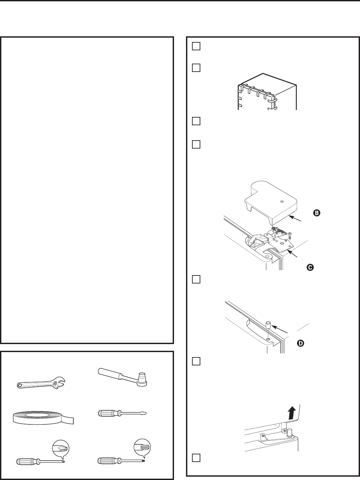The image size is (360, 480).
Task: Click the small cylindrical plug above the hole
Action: point(268,324)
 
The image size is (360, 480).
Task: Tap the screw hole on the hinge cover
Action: point(282,202)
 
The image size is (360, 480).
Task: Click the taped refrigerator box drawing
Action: point(267,92)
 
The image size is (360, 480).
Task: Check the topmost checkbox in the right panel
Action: point(196,46)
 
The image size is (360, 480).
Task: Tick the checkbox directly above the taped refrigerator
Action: point(196,68)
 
